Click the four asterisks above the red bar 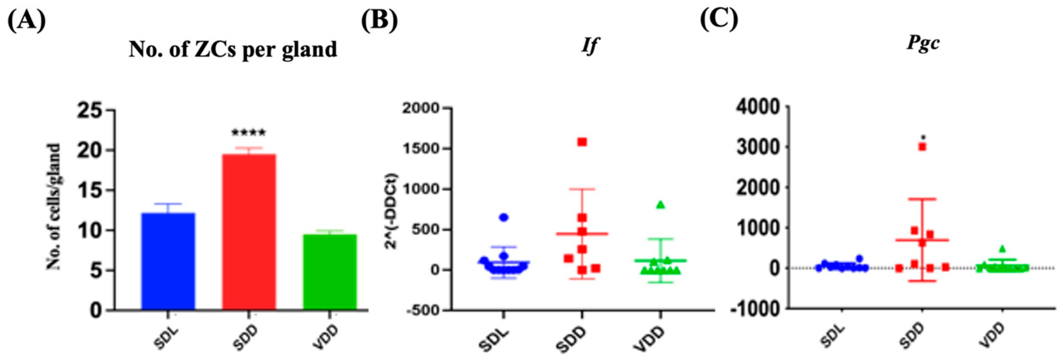pos(249,133)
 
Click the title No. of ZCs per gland pos(233,50)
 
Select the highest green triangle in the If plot pos(660,205)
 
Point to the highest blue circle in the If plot pos(503,217)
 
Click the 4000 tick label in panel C pos(761,107)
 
